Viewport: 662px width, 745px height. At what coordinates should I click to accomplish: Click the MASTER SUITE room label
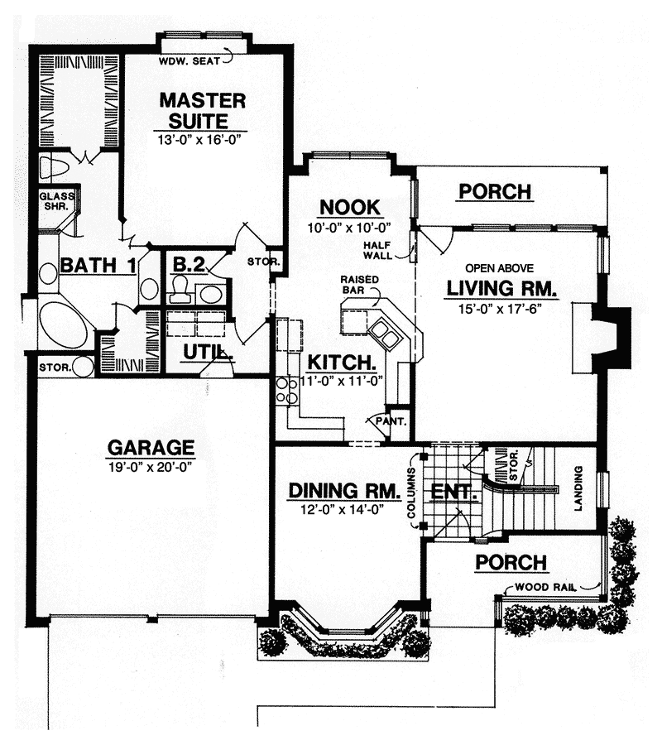(x=203, y=111)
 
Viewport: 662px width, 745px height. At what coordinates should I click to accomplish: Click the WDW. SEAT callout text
(x=188, y=60)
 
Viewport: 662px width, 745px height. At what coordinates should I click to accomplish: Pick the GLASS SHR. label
(x=56, y=201)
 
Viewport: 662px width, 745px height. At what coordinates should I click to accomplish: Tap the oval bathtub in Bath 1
(x=64, y=324)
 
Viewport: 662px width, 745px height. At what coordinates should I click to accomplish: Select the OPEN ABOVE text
(x=498, y=268)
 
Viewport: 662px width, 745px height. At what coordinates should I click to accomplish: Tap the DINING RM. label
(x=338, y=490)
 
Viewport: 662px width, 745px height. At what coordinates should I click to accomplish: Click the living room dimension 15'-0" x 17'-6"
(x=498, y=308)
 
